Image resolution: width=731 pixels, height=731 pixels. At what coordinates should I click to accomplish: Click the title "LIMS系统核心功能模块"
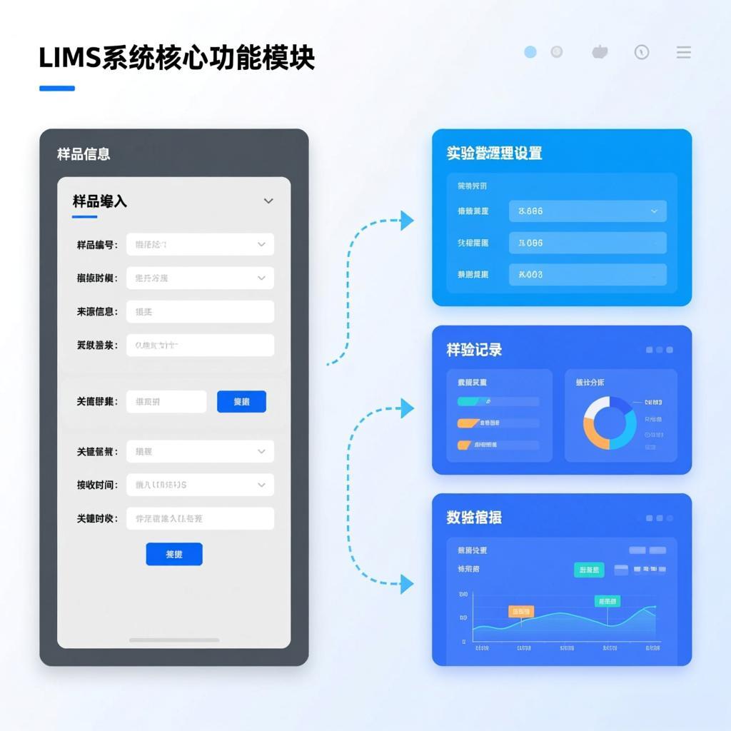[x=176, y=59]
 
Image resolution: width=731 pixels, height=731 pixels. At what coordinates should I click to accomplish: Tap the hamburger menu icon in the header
[x=683, y=52]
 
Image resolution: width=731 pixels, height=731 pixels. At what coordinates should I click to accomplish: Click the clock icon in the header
[x=642, y=52]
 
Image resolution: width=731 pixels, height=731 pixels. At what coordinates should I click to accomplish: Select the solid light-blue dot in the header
[x=530, y=52]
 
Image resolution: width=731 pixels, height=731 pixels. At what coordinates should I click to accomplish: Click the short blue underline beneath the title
[x=57, y=89]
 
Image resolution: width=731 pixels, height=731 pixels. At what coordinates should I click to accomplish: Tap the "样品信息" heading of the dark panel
[x=84, y=154]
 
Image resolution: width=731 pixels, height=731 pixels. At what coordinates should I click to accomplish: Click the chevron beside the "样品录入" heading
[x=268, y=201]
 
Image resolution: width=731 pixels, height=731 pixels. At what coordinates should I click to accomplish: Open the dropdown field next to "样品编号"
[x=200, y=244]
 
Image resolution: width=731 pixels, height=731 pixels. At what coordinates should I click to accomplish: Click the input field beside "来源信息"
[x=200, y=311]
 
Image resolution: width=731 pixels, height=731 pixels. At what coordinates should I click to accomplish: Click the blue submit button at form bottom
[x=174, y=554]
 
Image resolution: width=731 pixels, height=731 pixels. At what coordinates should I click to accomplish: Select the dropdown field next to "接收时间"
[x=200, y=485]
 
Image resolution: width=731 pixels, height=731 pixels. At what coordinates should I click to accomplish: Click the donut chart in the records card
[x=610, y=423]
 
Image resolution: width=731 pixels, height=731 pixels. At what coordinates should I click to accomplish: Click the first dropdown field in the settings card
[x=588, y=211]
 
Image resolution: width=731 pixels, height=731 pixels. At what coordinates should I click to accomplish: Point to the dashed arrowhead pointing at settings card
[x=407, y=221]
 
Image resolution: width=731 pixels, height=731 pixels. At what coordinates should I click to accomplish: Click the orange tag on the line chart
[x=521, y=612]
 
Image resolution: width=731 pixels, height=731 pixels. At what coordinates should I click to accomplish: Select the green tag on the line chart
[x=608, y=602]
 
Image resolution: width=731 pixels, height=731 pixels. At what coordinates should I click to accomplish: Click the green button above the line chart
[x=589, y=570]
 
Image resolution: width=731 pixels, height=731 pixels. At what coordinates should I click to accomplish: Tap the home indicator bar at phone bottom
[x=174, y=640]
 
